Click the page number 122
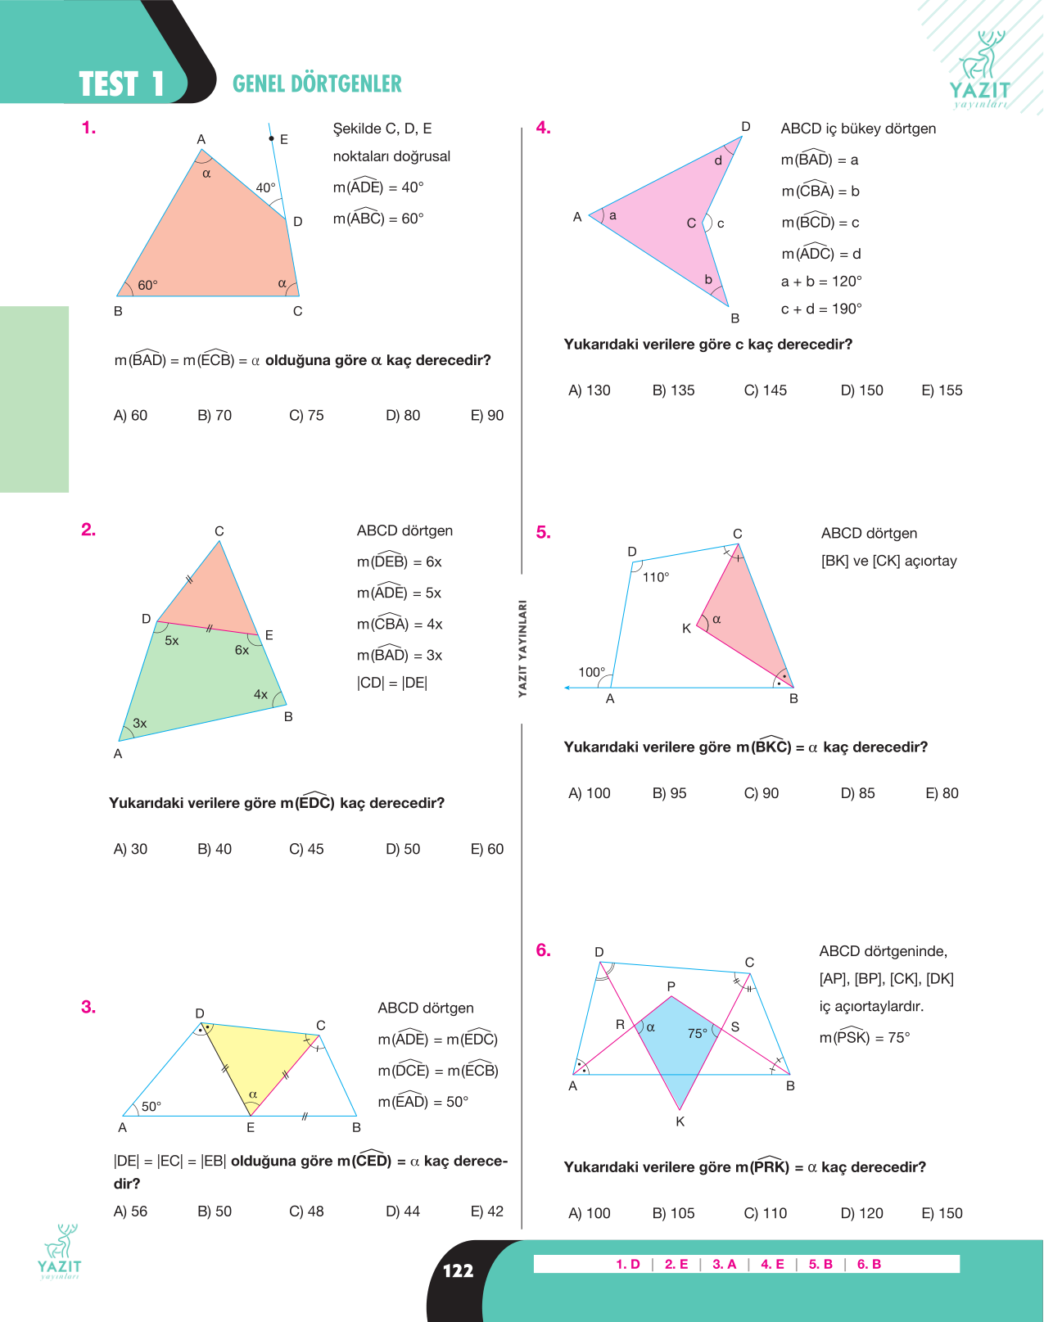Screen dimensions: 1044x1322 coord(458,1270)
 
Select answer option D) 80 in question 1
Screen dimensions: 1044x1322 coord(403,415)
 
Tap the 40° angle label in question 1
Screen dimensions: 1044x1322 coord(265,187)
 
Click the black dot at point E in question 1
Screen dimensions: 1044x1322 coord(272,139)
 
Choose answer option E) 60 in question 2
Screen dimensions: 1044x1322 coord(486,849)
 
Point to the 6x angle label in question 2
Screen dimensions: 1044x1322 coord(242,650)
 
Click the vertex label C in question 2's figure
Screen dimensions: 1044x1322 coord(219,531)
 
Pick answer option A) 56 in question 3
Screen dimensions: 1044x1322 coord(130,1211)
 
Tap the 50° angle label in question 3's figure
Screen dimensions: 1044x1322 coord(151,1107)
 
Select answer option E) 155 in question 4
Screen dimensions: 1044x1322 coord(942,390)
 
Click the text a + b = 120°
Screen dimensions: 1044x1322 coord(821,282)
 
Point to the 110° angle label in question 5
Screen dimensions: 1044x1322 coord(656,577)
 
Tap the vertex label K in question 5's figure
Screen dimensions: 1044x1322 coord(686,629)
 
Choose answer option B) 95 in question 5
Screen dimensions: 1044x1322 coord(669,793)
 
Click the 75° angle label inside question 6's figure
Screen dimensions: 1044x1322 coord(698,1033)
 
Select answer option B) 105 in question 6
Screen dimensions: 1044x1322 coord(673,1213)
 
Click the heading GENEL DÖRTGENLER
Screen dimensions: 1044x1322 coord(317,83)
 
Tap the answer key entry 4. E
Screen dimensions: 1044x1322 coord(772,1264)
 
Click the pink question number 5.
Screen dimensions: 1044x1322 coord(543,532)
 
